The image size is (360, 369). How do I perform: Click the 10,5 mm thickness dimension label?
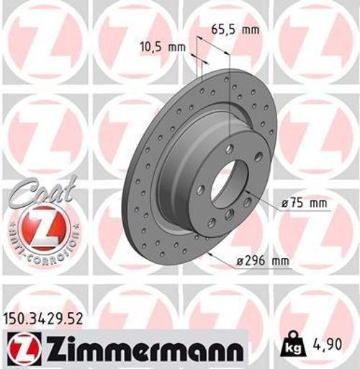pyautogui.click(x=162, y=48)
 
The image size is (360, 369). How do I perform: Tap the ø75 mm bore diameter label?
pyautogui.click(x=305, y=204)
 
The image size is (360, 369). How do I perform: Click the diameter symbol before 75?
pyautogui.click(x=285, y=204)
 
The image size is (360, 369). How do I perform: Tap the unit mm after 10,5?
pyautogui.click(x=175, y=48)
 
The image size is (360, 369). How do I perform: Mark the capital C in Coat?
pyautogui.click(x=22, y=195)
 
